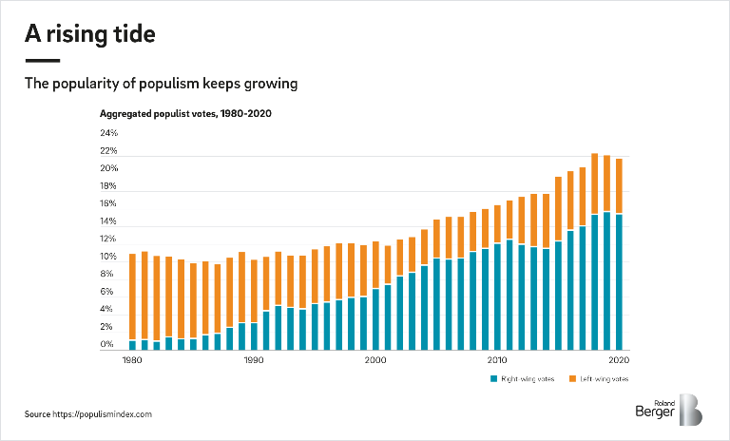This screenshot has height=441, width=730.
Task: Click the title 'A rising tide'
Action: click(89, 35)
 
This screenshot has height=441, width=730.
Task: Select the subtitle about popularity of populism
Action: click(162, 84)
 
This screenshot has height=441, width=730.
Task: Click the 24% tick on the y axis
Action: click(108, 134)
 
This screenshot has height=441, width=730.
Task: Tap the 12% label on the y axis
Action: click(108, 240)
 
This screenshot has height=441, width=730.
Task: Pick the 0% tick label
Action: click(108, 346)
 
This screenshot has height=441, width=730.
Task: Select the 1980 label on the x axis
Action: click(132, 361)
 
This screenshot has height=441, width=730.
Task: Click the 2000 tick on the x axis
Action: click(375, 361)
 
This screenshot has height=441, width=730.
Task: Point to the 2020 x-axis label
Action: click(618, 361)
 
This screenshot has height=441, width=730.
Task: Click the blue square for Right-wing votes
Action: click(494, 378)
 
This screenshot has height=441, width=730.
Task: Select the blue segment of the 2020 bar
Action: click(618, 281)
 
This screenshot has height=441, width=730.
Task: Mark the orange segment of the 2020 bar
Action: click(618, 185)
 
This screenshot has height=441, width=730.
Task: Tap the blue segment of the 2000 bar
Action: click(375, 318)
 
